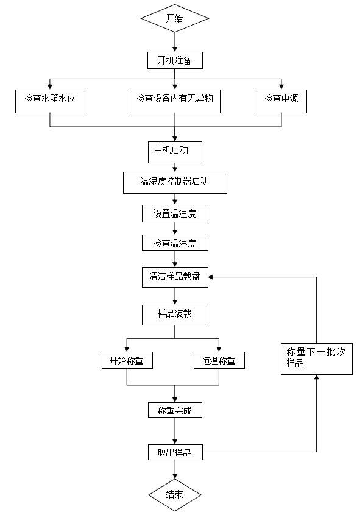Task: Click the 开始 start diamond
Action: click(175, 18)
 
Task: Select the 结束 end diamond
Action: click(175, 495)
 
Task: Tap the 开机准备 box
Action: click(175, 60)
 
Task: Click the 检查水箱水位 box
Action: click(50, 102)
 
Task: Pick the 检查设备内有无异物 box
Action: click(175, 102)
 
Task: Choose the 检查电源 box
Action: click(281, 102)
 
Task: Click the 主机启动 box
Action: click(175, 152)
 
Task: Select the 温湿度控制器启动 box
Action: click(175, 183)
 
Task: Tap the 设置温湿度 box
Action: click(175, 214)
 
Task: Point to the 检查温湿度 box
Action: click(175, 243)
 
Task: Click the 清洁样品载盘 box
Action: click(175, 277)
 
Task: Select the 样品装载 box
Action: click(175, 315)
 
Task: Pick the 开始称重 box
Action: click(127, 360)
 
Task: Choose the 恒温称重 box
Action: click(219, 360)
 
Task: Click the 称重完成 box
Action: click(175, 410)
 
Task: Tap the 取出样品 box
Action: click(175, 452)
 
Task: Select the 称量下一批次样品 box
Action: click(317, 359)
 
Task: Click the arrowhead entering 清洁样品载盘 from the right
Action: click(211, 277)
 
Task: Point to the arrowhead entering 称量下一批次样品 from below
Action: click(316, 377)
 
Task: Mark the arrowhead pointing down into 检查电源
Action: click(281, 87)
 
